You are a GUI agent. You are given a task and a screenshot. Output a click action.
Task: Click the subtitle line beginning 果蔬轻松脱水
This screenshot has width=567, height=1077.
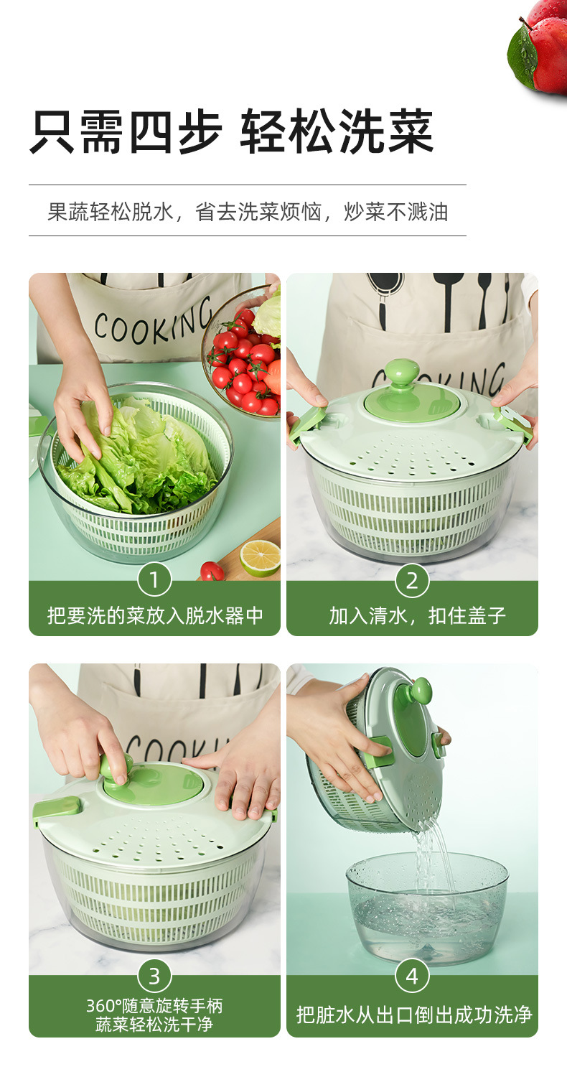tap(248, 212)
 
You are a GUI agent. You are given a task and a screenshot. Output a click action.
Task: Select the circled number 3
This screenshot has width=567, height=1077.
tap(154, 976)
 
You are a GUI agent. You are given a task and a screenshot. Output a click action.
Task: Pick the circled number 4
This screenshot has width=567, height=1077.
tap(412, 976)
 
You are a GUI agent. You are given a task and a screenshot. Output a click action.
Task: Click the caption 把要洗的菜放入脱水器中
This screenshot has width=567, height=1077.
tap(155, 615)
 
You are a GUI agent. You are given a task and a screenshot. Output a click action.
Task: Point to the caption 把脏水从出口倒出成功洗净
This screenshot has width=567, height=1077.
tap(414, 1014)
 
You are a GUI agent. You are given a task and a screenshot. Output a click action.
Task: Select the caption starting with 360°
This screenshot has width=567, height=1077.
tap(155, 1014)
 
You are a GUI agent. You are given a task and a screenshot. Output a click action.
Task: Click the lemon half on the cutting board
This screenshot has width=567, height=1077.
tap(260, 557)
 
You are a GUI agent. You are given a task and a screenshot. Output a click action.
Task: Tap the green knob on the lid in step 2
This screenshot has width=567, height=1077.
tap(401, 376)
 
